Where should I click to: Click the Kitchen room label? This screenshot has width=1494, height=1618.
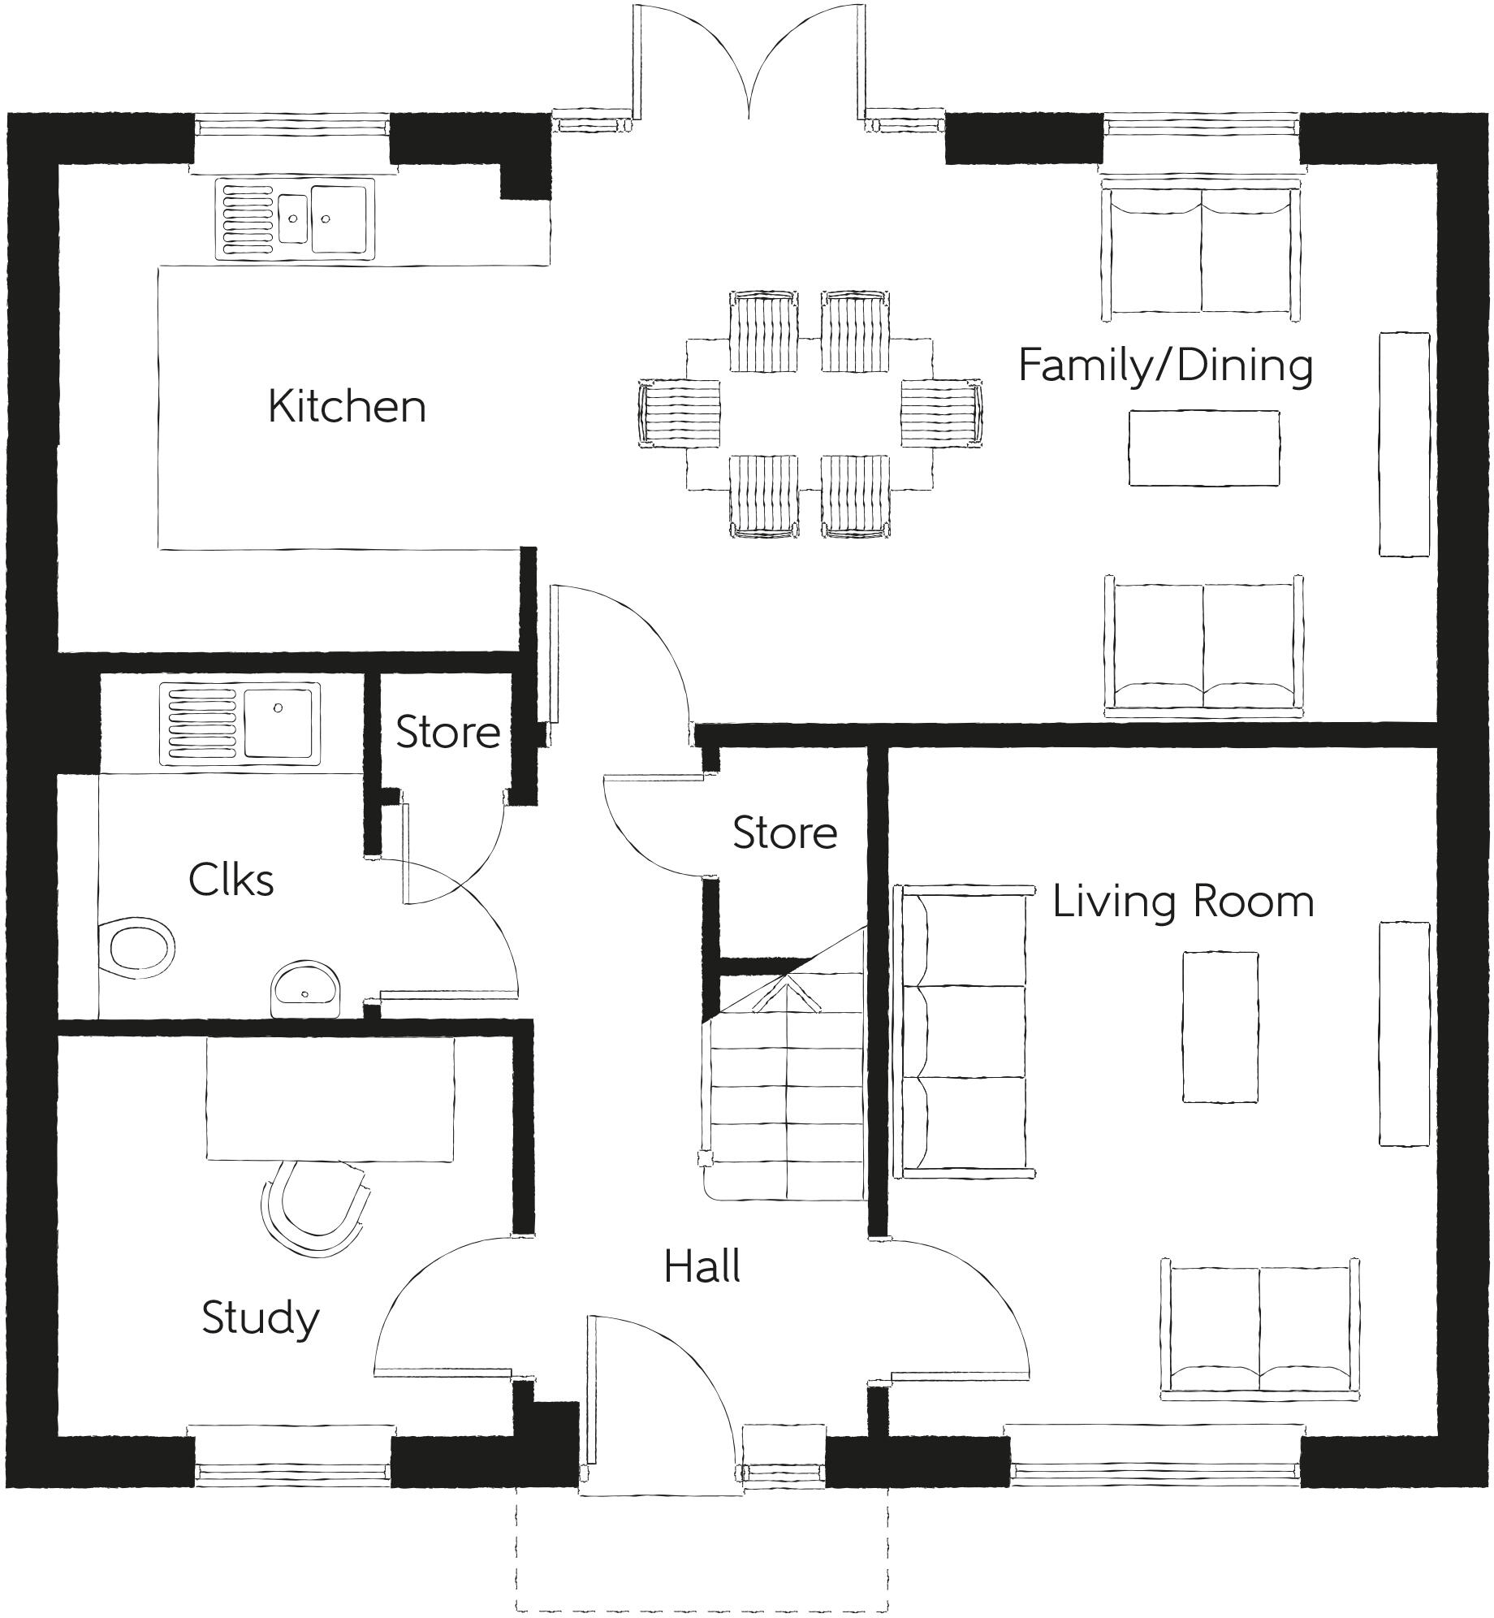(x=347, y=406)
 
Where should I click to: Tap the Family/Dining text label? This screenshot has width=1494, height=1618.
(x=1165, y=366)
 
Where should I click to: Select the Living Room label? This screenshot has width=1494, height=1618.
(x=1182, y=902)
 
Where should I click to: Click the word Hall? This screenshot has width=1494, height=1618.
(x=702, y=1267)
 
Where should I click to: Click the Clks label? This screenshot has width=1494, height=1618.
(x=231, y=880)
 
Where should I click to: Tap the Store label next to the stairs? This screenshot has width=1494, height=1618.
(x=784, y=833)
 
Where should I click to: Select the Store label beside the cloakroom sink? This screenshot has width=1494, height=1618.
(x=447, y=733)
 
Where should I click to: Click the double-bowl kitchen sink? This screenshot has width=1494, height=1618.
(x=296, y=219)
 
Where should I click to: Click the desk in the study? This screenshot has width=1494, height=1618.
(x=330, y=1099)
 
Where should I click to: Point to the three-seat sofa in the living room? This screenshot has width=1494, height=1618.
(x=962, y=1032)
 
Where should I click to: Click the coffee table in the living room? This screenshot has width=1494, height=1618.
(x=1220, y=1027)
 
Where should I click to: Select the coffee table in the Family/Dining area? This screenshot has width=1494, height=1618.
(x=1203, y=448)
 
